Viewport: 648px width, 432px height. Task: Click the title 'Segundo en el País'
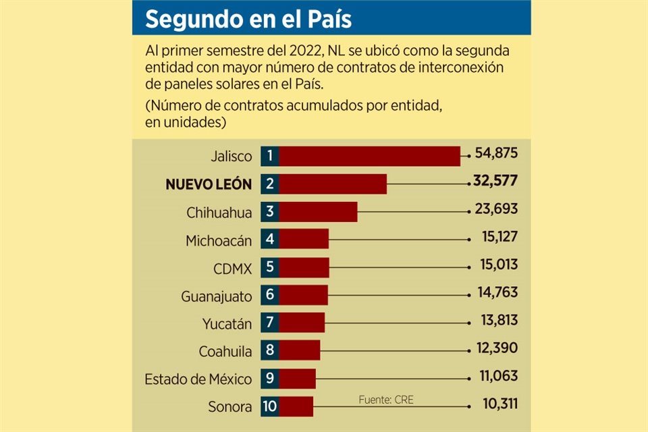tap(248, 19)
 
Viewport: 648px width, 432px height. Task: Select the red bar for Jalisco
tap(369, 156)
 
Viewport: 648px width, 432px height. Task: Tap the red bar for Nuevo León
tap(333, 184)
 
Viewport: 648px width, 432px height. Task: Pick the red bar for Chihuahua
tap(318, 211)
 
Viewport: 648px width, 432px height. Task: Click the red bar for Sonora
tap(296, 406)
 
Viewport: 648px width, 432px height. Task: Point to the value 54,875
tap(496, 153)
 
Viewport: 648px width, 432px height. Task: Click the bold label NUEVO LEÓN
tap(209, 184)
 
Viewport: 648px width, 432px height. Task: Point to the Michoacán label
tap(219, 240)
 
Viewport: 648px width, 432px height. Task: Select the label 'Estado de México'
tap(198, 379)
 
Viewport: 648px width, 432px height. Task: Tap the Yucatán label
tap(227, 324)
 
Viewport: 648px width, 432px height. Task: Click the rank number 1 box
tap(269, 156)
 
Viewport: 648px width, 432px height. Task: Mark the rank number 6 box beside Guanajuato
tap(269, 295)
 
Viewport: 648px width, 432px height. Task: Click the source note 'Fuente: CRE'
tap(386, 400)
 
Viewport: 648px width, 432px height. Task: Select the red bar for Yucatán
tap(302, 323)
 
